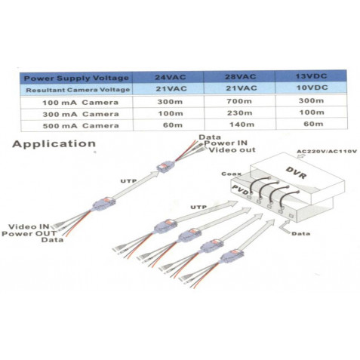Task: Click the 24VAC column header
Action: click(171, 77)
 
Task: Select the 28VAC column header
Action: click(241, 76)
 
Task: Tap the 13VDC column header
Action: click(312, 76)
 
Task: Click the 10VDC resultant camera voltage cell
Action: click(312, 88)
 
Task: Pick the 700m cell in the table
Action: click(239, 101)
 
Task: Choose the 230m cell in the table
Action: click(239, 113)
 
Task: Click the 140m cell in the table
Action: click(242, 125)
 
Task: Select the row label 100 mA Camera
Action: click(80, 103)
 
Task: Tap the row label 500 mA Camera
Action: click(81, 126)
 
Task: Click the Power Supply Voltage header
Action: click(76, 78)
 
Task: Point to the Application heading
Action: click(54, 144)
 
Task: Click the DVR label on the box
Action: click(297, 173)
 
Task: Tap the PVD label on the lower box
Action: click(241, 189)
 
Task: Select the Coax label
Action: click(232, 174)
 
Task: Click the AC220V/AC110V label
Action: click(327, 152)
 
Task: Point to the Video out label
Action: click(232, 150)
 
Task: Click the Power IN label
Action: click(226, 143)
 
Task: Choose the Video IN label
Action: click(29, 226)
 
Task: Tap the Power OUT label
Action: click(29, 233)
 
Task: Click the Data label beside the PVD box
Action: click(300, 234)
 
